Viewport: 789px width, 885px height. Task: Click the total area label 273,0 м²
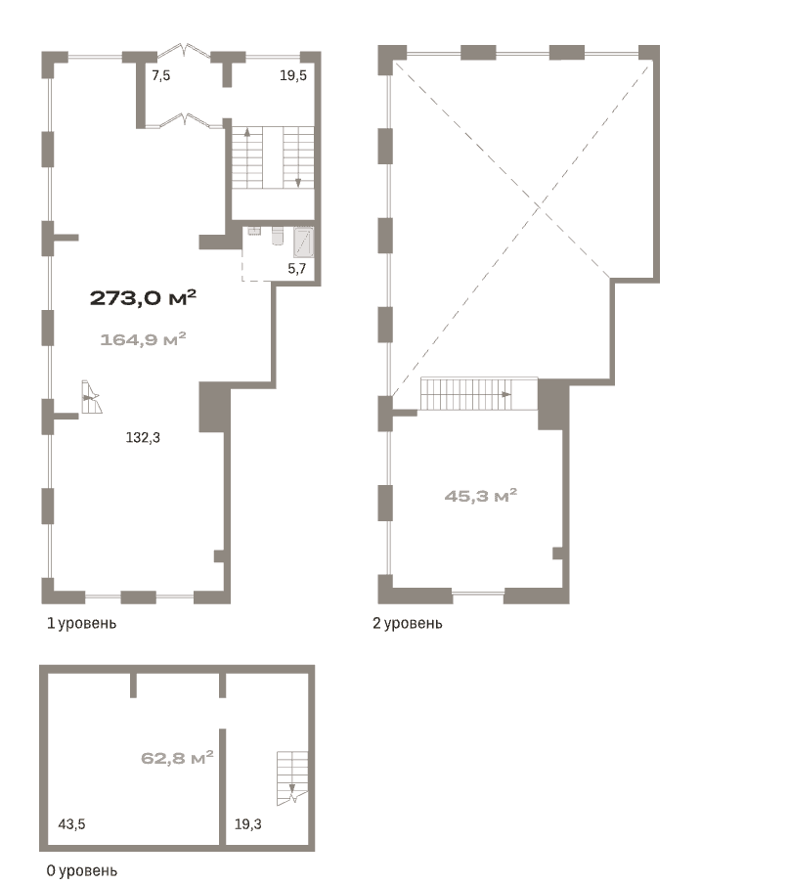tap(143, 297)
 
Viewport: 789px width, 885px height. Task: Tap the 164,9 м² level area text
tap(143, 339)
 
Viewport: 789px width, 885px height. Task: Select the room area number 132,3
tap(143, 437)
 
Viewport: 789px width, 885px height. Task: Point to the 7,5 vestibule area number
tap(161, 75)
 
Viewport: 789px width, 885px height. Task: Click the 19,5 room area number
tap(293, 75)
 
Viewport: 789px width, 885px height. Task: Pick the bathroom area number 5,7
tap(297, 269)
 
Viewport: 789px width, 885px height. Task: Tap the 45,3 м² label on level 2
tap(481, 496)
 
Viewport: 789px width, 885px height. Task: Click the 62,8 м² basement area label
tap(177, 758)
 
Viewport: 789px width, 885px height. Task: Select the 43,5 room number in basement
tap(71, 824)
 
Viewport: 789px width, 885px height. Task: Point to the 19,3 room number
tap(247, 824)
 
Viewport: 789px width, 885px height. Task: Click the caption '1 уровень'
tap(81, 623)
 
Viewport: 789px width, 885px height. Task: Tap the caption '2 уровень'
tap(408, 623)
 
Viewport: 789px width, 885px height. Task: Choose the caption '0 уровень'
tap(82, 871)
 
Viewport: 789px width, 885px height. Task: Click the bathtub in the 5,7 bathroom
tap(304, 243)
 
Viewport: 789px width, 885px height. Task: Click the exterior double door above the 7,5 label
tap(184, 51)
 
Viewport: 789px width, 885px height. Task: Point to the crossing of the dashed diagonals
tap(539, 206)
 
